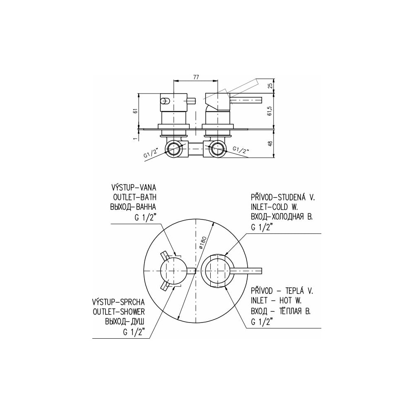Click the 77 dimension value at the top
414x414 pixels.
click(x=196, y=77)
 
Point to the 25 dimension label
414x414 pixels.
click(x=270, y=86)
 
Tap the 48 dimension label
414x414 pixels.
click(x=270, y=144)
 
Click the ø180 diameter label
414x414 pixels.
click(x=202, y=243)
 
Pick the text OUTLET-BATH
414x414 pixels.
click(x=135, y=197)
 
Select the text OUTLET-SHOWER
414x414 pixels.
click(x=118, y=312)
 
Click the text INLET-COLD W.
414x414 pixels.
click(x=274, y=207)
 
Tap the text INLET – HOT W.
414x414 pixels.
click(x=276, y=301)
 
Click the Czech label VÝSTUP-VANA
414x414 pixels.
click(x=134, y=188)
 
